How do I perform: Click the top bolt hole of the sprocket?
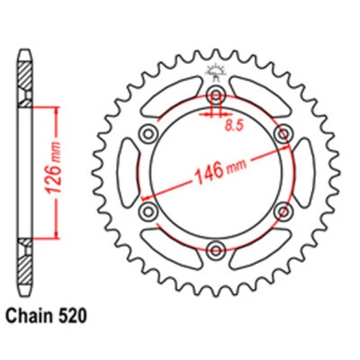click(216, 96)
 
